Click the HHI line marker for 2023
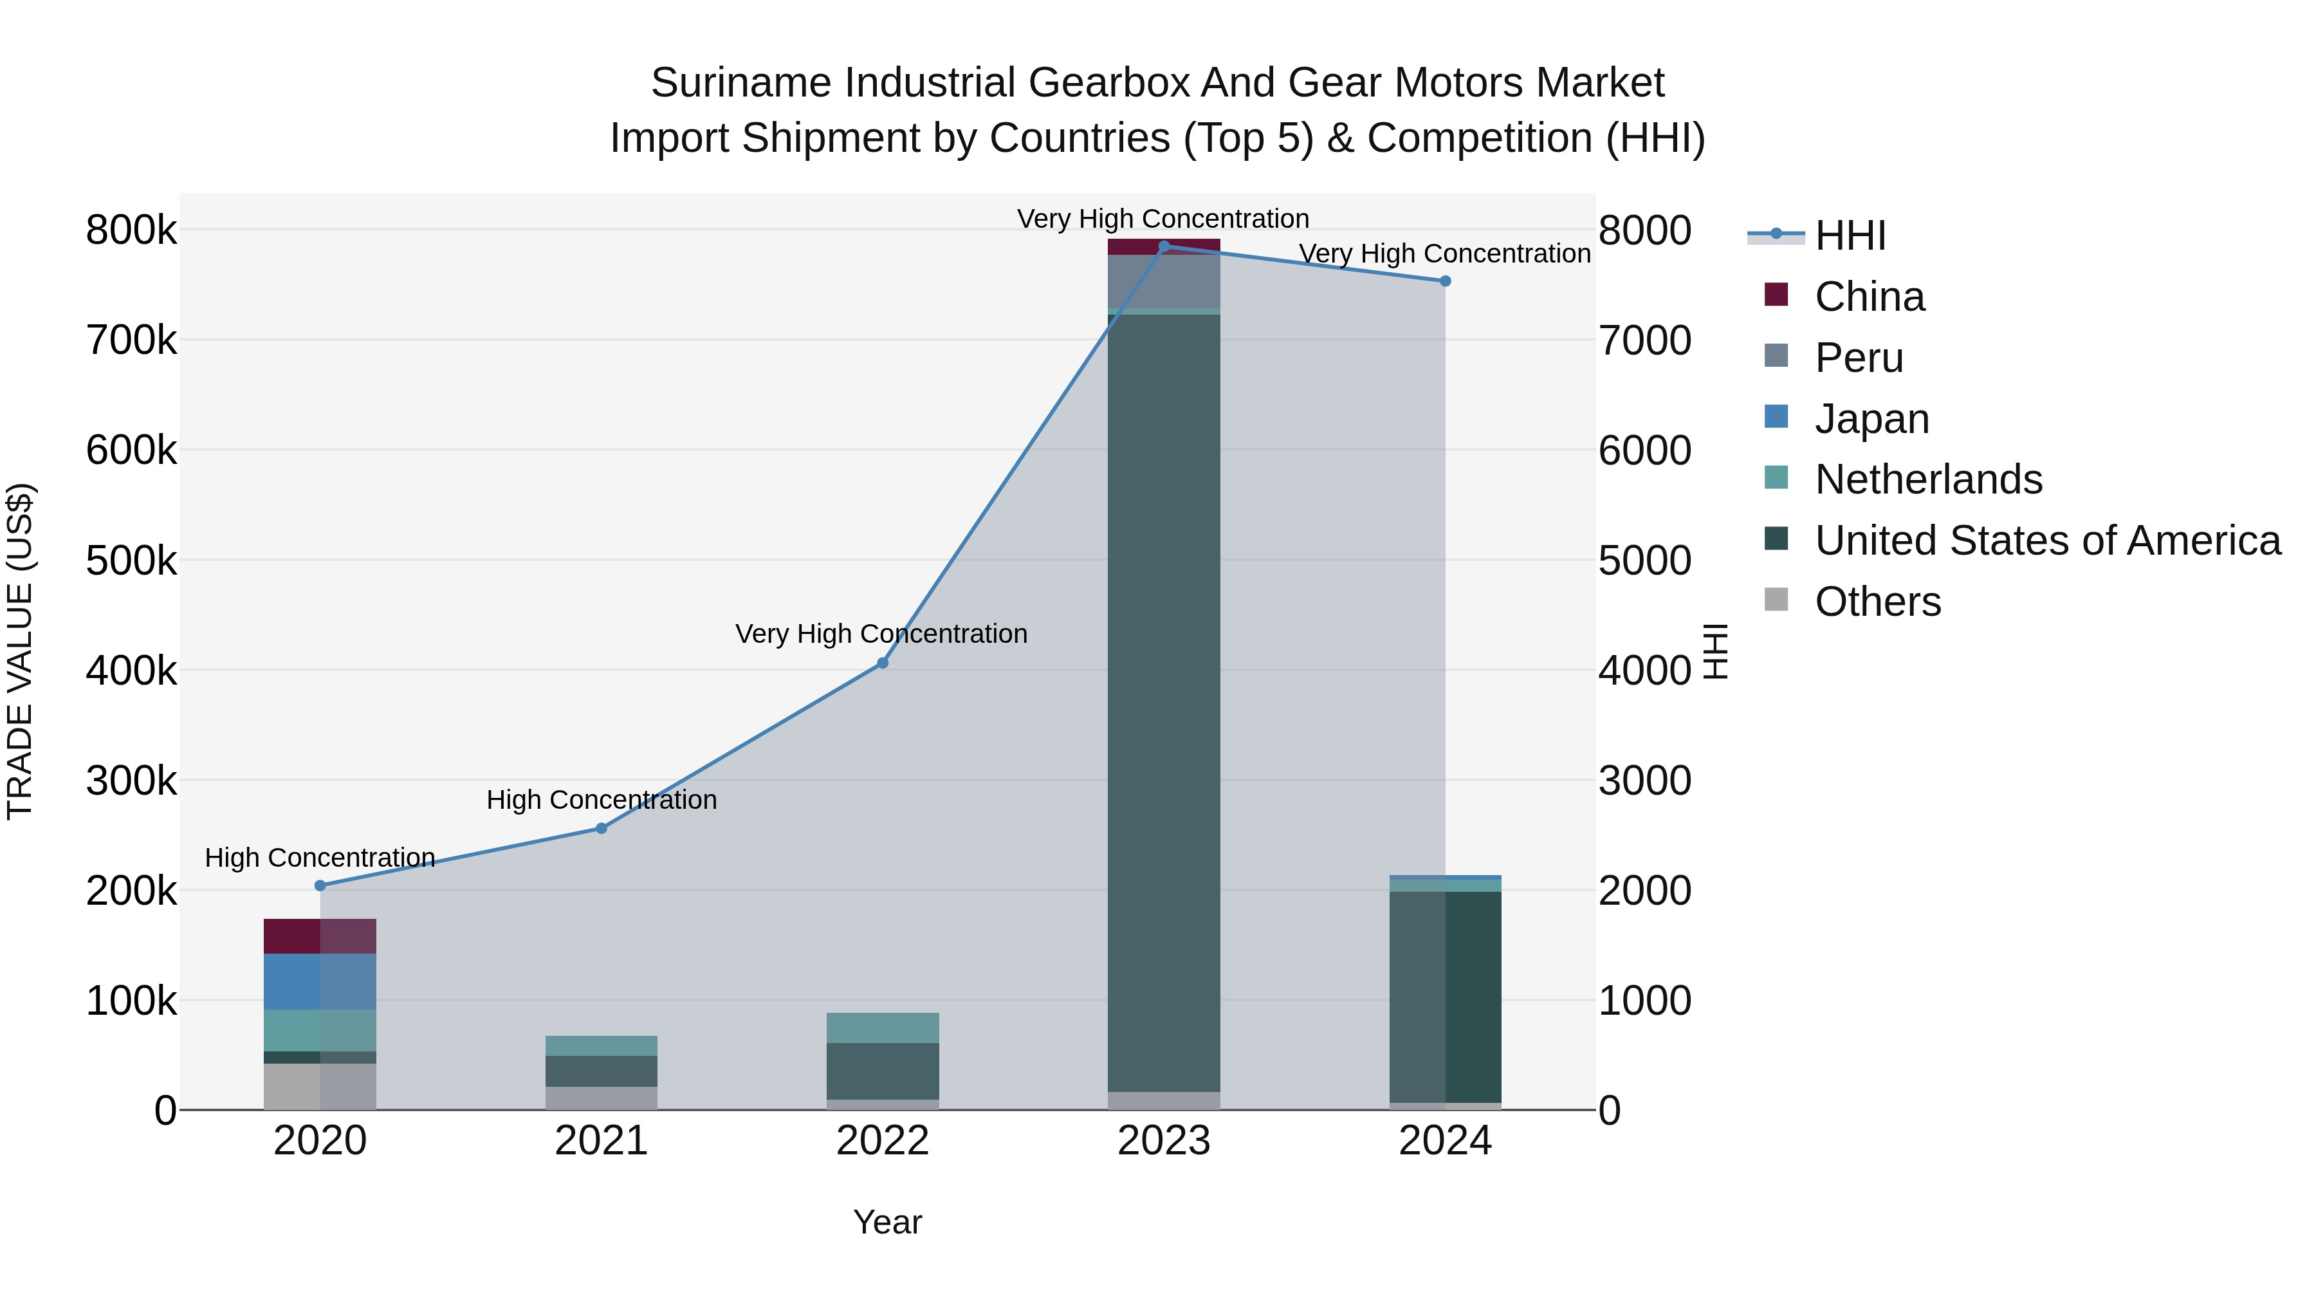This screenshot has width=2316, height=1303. pos(1163,246)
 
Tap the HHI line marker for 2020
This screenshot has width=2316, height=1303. pos(320,886)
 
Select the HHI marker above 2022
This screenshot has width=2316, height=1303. pos(882,663)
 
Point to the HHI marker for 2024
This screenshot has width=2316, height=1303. pos(1445,281)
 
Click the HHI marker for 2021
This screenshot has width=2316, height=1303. pos(602,828)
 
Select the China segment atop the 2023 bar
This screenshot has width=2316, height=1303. pos(1163,247)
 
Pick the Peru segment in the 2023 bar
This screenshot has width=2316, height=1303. pos(1163,281)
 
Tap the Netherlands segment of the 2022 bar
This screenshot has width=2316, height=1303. pos(882,1028)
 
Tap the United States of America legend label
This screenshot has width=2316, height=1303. pos(2046,541)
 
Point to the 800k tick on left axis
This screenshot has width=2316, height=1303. pos(131,230)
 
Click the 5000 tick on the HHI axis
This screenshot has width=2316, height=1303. pos(1644,560)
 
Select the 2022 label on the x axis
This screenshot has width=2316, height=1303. pos(882,1141)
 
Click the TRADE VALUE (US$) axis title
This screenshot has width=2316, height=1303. pos(20,651)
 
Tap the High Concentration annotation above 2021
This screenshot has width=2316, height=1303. pos(602,799)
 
